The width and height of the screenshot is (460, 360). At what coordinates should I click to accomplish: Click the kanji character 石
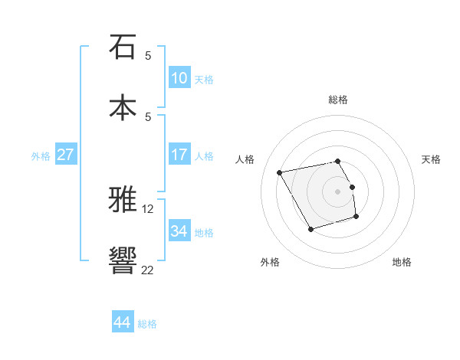click(x=123, y=47)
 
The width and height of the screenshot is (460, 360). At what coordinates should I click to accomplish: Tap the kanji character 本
click(x=123, y=108)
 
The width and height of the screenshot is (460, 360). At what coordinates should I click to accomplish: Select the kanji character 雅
click(x=123, y=200)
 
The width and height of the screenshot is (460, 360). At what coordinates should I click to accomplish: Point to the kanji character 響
click(x=123, y=261)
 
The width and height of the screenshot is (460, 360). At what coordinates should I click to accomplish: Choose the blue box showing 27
click(x=66, y=154)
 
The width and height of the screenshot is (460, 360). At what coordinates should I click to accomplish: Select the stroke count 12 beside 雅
click(x=148, y=208)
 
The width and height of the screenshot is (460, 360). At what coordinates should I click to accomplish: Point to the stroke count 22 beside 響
click(x=148, y=269)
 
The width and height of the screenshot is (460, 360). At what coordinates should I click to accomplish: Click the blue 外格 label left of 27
click(x=41, y=155)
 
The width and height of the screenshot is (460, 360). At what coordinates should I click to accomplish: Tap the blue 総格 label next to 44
click(x=147, y=324)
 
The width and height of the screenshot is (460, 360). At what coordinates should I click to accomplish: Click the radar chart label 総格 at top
click(x=338, y=100)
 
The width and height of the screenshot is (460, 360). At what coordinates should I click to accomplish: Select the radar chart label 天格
click(x=431, y=159)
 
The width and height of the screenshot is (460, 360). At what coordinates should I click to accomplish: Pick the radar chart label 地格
click(x=402, y=262)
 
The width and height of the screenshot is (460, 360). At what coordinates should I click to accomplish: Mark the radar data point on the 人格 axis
click(x=280, y=172)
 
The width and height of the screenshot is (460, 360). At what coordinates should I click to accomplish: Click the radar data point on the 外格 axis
click(x=310, y=229)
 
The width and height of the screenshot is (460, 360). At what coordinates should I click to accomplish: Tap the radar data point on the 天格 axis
click(x=352, y=187)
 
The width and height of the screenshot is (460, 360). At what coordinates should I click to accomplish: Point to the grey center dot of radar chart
click(x=338, y=191)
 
